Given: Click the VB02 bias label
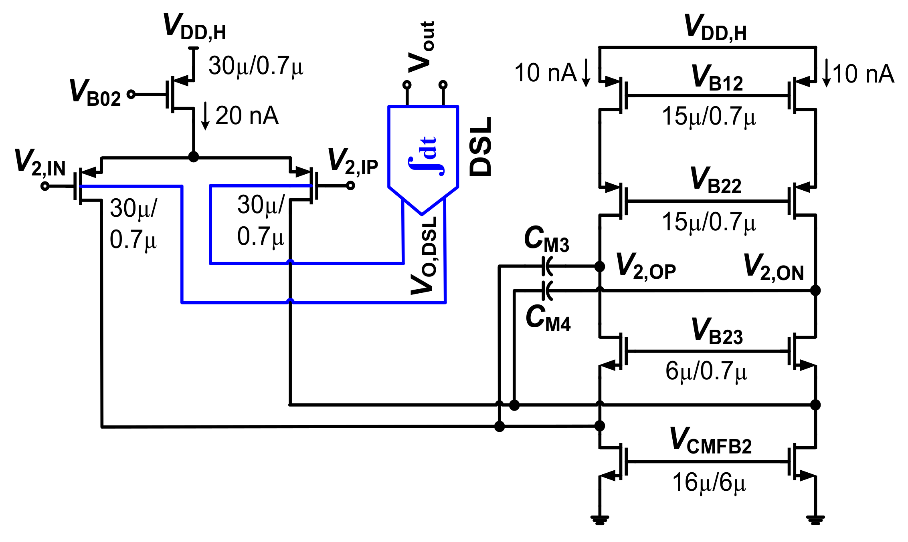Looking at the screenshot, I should (x=95, y=93).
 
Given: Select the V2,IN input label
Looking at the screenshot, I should (x=40, y=162).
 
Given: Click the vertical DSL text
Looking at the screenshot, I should (x=480, y=147).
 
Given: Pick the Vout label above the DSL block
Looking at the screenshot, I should (x=421, y=47).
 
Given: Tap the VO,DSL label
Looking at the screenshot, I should (x=424, y=256).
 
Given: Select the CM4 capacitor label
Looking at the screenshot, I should (x=548, y=319).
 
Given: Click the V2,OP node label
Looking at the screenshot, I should (x=645, y=266).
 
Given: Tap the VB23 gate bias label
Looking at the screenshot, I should (x=717, y=331).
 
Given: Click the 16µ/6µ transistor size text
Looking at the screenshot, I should (x=709, y=483).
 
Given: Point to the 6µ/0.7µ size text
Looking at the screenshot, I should (x=706, y=371).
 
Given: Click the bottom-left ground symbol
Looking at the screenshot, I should (x=600, y=520).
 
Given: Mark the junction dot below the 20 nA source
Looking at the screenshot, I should (x=194, y=157).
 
